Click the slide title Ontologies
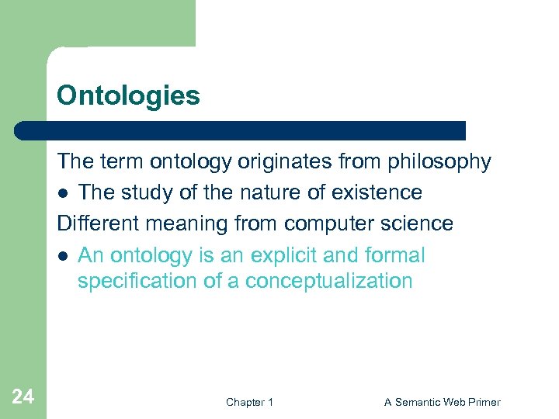[128, 96]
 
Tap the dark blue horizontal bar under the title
[241, 130]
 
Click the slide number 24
[23, 397]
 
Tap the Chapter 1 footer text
[249, 402]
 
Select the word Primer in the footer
[485, 402]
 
